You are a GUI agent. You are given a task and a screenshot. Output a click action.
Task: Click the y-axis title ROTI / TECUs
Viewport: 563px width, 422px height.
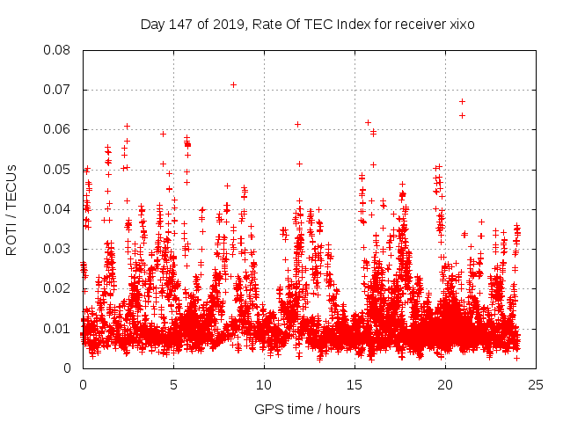(x=12, y=209)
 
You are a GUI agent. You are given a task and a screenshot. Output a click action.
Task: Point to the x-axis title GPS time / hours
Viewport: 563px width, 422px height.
(x=308, y=409)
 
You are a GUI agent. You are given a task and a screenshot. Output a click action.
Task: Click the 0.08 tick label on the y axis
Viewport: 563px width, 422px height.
(x=58, y=50)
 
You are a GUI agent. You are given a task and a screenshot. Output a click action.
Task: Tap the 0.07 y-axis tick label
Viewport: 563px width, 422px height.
(x=58, y=90)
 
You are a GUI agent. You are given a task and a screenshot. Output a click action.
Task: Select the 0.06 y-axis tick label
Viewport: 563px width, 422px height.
(x=58, y=129)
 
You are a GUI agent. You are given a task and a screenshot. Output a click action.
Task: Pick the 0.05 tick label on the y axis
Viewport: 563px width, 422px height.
(x=58, y=169)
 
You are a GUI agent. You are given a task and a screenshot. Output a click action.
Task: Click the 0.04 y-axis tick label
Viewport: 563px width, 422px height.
(x=58, y=209)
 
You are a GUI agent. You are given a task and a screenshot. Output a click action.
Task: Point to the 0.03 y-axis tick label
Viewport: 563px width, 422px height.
(x=58, y=249)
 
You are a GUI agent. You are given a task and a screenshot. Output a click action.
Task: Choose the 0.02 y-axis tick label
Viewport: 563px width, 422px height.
(x=58, y=288)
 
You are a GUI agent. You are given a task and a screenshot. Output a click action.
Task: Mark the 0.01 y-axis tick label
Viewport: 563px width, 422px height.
(x=58, y=328)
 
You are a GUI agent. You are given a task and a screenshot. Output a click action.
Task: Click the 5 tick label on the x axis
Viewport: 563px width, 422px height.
(x=173, y=384)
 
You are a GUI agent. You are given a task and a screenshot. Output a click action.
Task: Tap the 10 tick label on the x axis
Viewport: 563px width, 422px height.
(x=264, y=384)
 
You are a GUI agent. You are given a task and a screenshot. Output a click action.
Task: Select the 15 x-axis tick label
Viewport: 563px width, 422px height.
(x=355, y=384)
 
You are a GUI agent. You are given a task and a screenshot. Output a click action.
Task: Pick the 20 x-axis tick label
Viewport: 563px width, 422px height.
(x=446, y=384)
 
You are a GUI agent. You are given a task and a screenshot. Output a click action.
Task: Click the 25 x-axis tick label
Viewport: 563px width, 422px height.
(x=537, y=384)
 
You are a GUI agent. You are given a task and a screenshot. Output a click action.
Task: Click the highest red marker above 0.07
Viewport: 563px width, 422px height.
(x=233, y=84)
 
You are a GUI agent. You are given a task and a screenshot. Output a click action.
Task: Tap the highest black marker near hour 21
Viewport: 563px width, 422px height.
(x=462, y=101)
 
